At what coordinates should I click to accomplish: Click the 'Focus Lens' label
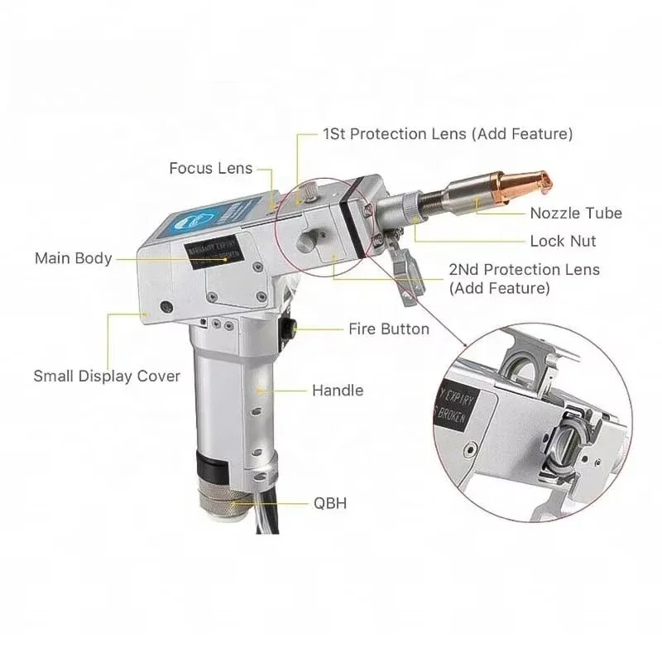[211, 169]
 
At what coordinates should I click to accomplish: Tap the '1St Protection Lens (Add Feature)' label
[447, 133]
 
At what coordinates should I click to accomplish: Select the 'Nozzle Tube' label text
[576, 213]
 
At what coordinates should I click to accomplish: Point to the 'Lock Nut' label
[563, 242]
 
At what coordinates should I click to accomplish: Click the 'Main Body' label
[73, 258]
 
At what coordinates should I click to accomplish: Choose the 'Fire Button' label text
[389, 329]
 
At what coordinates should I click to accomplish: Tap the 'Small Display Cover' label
[107, 377]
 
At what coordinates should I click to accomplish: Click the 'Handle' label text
[338, 390]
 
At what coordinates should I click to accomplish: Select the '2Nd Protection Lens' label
[524, 270]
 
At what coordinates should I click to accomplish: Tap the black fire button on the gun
[289, 329]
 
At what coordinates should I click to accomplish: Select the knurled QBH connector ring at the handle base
[225, 500]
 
